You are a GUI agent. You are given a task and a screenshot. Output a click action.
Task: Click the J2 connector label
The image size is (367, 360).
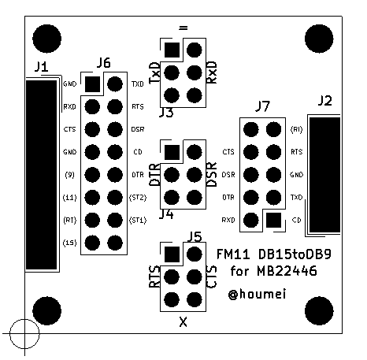(324, 100)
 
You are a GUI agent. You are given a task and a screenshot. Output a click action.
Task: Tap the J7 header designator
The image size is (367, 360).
(263, 106)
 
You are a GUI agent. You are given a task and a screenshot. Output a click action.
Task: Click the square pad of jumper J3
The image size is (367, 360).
(171, 50)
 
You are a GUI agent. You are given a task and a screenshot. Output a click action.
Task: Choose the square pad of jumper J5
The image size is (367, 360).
(171, 254)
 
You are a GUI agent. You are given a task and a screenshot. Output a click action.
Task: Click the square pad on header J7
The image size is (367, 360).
(273, 220)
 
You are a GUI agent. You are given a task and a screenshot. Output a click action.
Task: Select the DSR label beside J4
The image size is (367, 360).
(212, 174)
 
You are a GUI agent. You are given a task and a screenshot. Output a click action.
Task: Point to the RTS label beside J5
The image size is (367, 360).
(154, 277)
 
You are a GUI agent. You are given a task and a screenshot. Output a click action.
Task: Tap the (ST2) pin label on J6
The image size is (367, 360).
(138, 197)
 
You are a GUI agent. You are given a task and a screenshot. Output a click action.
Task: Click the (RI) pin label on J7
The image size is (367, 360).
(296, 129)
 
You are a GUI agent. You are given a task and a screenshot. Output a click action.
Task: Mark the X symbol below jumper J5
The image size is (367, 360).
(183, 322)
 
